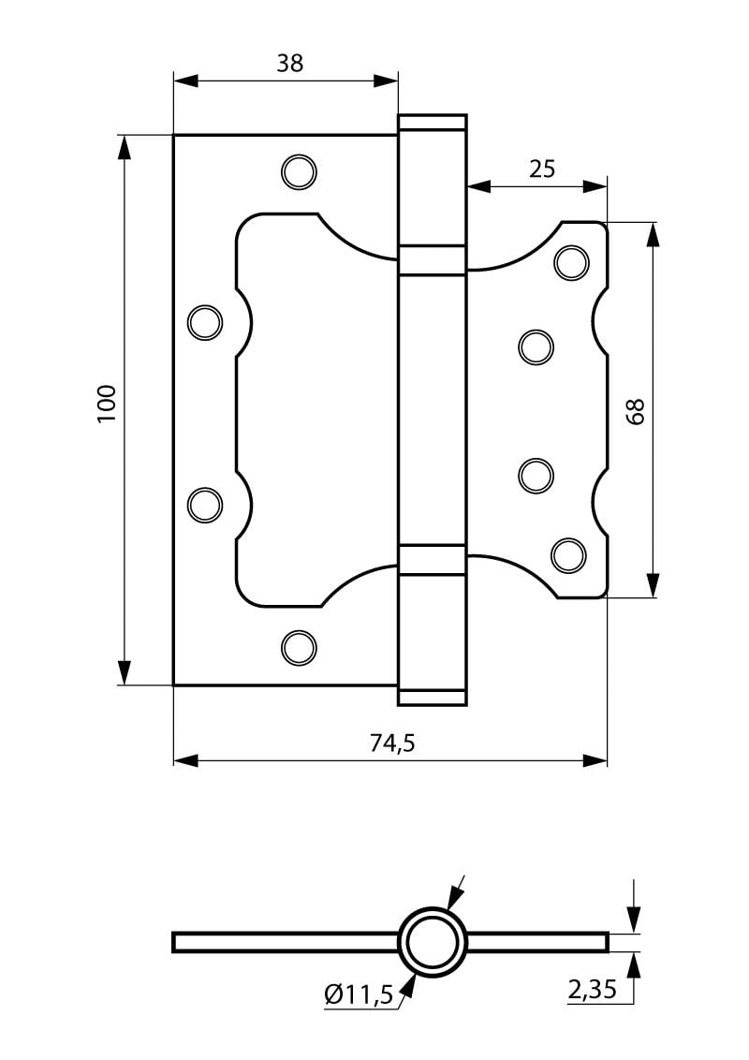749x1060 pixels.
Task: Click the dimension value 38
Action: pos(290,63)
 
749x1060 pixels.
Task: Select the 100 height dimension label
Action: pos(108,404)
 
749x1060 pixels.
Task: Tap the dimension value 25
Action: pos(541,169)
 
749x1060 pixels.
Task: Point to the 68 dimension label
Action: pos(636,411)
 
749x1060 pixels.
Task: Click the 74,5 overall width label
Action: pos(392,743)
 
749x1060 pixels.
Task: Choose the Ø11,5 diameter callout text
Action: pos(359,994)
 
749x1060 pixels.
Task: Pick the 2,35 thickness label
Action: pos(592,990)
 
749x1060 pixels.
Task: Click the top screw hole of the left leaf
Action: pos(299,171)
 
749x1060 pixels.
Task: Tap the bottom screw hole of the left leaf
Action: pos(299,647)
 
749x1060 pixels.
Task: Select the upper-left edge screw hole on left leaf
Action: pos(205,322)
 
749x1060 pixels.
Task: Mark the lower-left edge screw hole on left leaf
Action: pos(205,505)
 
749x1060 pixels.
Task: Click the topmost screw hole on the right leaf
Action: pos(571,263)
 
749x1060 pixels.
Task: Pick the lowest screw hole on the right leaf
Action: pos(568,555)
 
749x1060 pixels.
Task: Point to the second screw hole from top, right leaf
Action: pos(536,347)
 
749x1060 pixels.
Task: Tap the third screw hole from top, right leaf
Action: pos(536,476)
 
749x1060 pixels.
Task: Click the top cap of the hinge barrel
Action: pos(432,123)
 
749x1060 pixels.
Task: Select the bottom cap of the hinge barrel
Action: pos(432,699)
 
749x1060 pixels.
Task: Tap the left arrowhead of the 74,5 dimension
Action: pos(186,761)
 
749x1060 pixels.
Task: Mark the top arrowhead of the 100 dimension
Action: pos(124,148)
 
